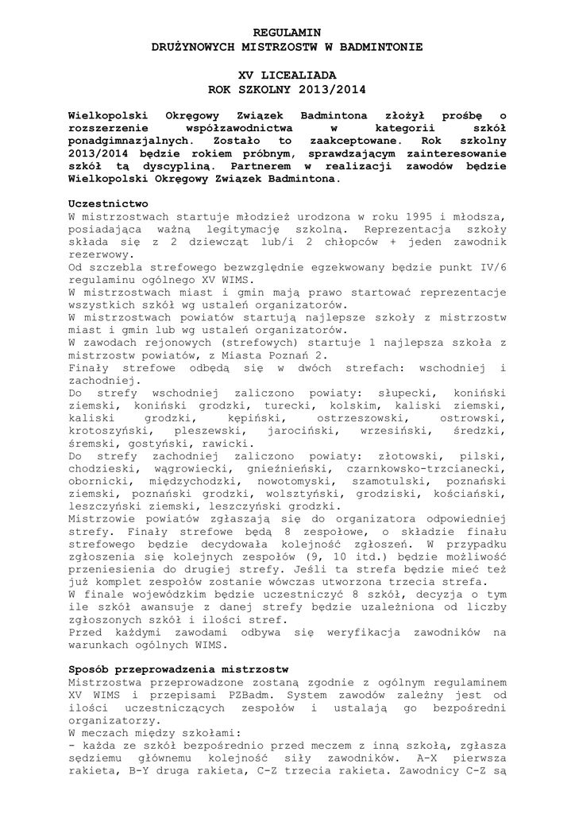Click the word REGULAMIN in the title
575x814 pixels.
(x=287, y=33)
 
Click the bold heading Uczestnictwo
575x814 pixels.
(x=108, y=203)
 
